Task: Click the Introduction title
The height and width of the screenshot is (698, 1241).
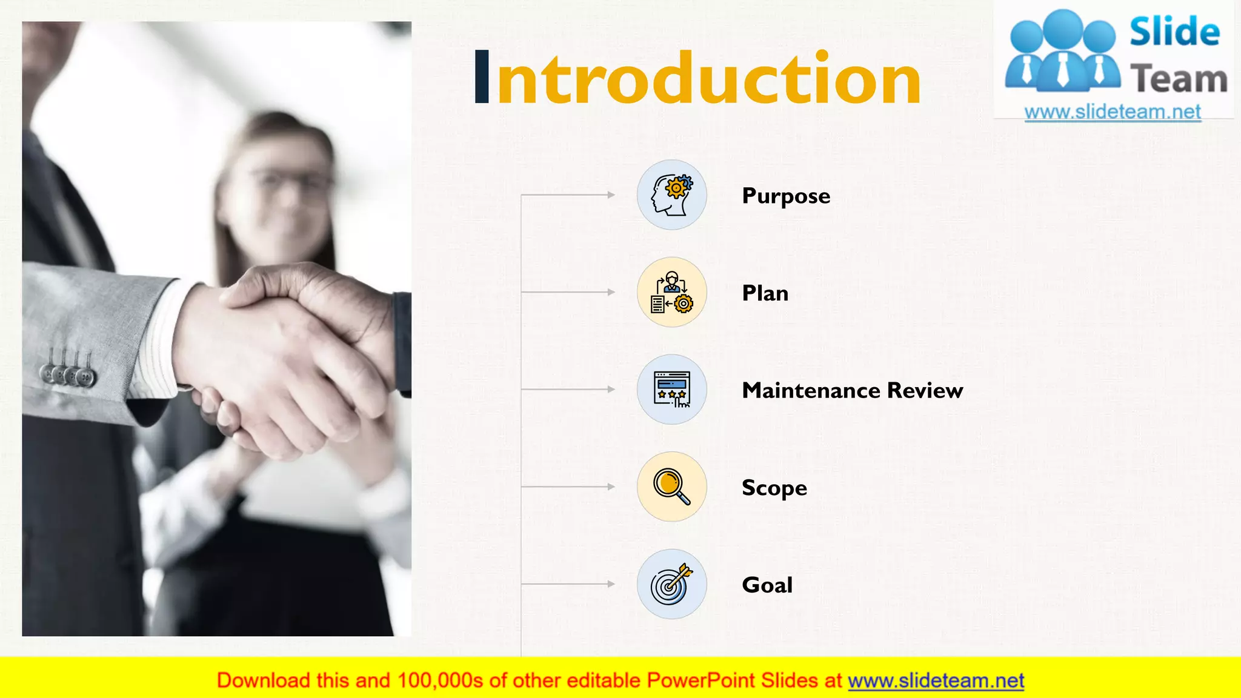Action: (x=697, y=79)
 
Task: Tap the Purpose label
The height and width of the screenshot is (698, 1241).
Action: (x=786, y=196)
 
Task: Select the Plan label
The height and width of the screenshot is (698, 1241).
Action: (x=765, y=293)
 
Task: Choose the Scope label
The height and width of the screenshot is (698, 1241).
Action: (x=774, y=488)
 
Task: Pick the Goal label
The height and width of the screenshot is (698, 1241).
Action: (x=767, y=585)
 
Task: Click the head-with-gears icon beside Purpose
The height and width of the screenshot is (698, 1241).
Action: (x=671, y=195)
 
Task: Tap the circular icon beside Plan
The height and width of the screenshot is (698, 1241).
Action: (x=671, y=292)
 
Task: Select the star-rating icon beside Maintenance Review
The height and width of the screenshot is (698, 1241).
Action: (x=671, y=390)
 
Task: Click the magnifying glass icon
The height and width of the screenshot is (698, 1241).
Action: (x=671, y=487)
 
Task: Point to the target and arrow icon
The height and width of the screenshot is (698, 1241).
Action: (x=671, y=584)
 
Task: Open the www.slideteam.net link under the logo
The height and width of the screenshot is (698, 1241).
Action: (x=1113, y=112)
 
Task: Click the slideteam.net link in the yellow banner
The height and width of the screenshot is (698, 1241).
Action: (x=936, y=681)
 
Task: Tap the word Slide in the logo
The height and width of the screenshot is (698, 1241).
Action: (x=1174, y=32)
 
